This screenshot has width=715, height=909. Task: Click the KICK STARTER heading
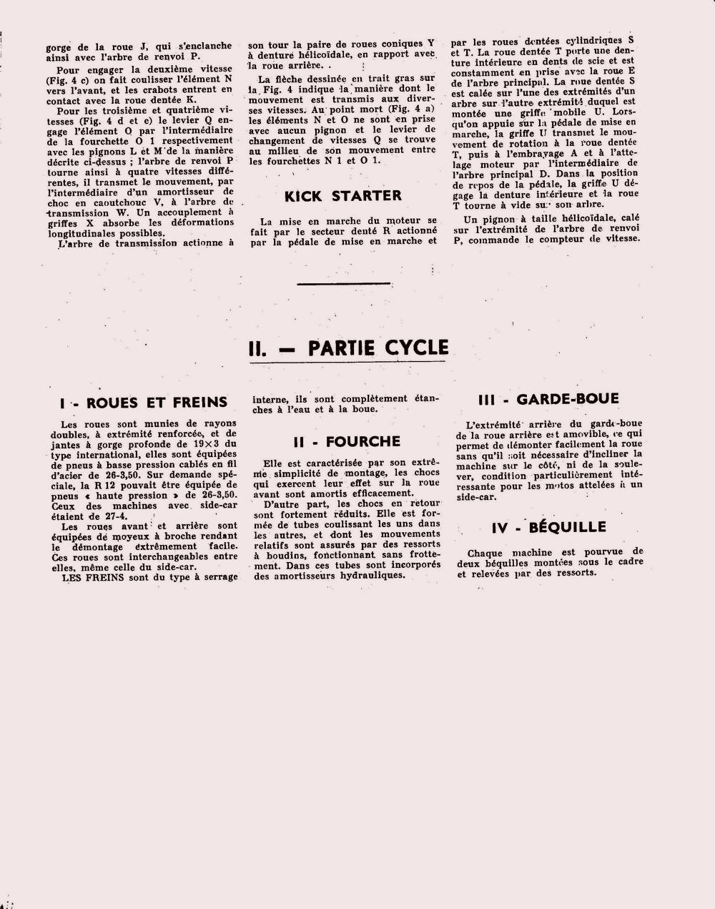point(342,196)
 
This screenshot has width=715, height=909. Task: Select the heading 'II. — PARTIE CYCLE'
point(348,348)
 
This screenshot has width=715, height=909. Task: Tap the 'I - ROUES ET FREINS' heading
point(144,403)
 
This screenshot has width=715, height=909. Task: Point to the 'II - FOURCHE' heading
point(347,442)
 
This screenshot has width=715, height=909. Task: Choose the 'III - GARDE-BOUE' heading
point(548,399)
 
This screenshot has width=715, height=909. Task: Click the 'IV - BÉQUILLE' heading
point(548,528)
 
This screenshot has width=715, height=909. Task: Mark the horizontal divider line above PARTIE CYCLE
point(344,284)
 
